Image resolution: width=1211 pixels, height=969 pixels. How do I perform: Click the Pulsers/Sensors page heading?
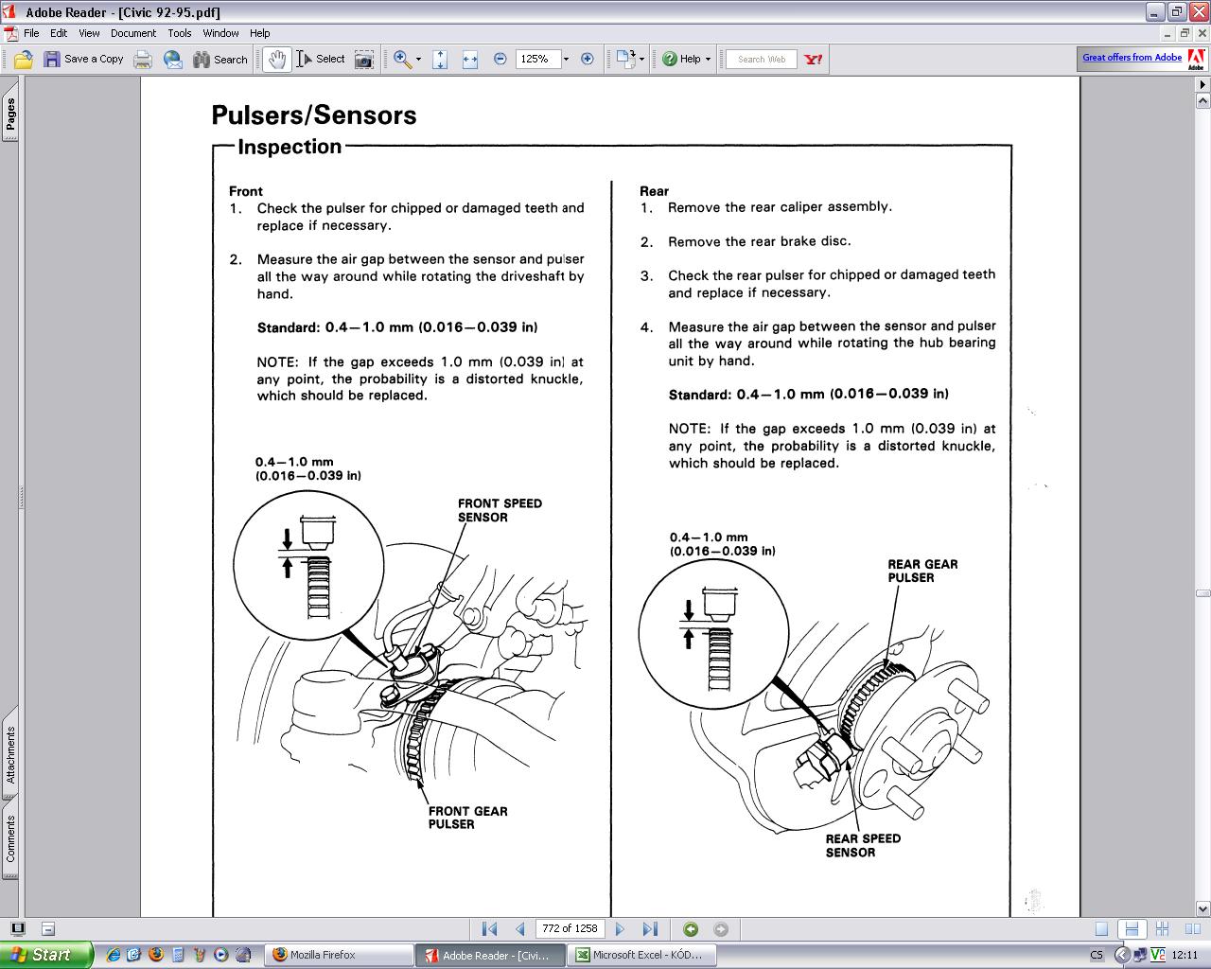[314, 115]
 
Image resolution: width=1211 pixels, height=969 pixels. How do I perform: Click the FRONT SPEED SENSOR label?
[500, 510]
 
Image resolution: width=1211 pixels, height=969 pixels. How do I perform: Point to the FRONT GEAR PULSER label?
[467, 818]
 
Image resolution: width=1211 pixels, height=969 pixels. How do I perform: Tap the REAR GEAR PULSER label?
[922, 571]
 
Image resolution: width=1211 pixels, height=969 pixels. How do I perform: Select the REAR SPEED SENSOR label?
[863, 845]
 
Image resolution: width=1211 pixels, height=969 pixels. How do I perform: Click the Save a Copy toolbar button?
[83, 59]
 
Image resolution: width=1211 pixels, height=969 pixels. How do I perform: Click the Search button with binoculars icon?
[220, 59]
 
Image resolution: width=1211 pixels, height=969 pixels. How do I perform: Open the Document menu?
[133, 33]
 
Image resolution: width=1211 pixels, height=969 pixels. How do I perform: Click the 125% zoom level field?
[537, 59]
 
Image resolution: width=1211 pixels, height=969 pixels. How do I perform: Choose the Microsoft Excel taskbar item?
[641, 955]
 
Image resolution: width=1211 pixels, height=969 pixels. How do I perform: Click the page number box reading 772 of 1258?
[570, 928]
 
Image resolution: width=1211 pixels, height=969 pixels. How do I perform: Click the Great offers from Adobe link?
[1132, 58]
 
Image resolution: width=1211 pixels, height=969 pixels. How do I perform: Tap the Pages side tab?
[10, 112]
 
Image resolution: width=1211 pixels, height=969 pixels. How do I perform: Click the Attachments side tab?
[10, 754]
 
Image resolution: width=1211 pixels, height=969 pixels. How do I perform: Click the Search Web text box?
[762, 59]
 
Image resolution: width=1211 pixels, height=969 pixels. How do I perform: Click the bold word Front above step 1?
[246, 191]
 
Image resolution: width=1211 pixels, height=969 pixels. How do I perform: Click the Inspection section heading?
[290, 147]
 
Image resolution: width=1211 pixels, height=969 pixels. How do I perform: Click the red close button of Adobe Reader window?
[1200, 11]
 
